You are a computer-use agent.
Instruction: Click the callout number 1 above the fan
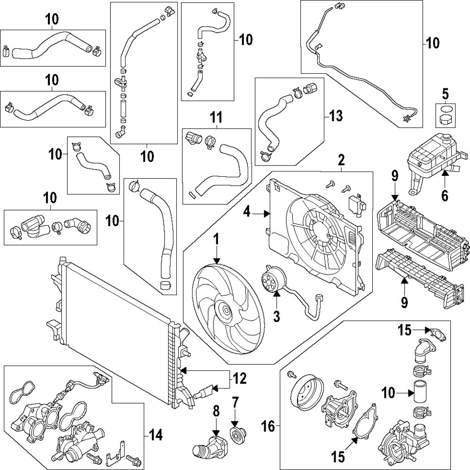pos(216,240)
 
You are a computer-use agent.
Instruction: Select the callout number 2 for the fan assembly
pos(342,161)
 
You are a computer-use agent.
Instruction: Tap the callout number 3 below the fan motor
pos(276,316)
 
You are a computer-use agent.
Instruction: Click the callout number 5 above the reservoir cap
pos(445,94)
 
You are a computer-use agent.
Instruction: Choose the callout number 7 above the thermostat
pos(235,402)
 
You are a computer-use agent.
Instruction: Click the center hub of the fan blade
pos(225,311)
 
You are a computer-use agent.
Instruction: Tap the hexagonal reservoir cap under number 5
pos(444,119)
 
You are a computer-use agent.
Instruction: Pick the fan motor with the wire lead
pos(272,281)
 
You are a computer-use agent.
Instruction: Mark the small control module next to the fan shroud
pos(354,203)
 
